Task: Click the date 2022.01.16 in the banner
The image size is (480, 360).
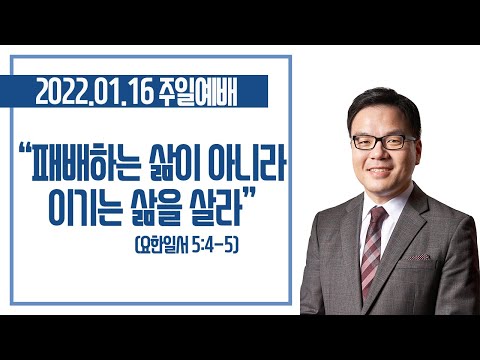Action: [94, 92]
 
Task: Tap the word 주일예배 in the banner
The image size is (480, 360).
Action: [198, 92]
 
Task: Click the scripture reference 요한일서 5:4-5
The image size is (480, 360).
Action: [187, 246]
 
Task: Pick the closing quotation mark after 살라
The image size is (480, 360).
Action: [250, 193]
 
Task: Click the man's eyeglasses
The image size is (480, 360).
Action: [384, 142]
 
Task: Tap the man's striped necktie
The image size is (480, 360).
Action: [372, 250]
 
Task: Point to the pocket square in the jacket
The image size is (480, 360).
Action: [419, 257]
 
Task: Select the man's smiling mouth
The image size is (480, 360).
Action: [380, 171]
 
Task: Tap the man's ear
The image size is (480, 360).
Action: [417, 152]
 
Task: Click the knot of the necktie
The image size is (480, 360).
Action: [378, 214]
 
